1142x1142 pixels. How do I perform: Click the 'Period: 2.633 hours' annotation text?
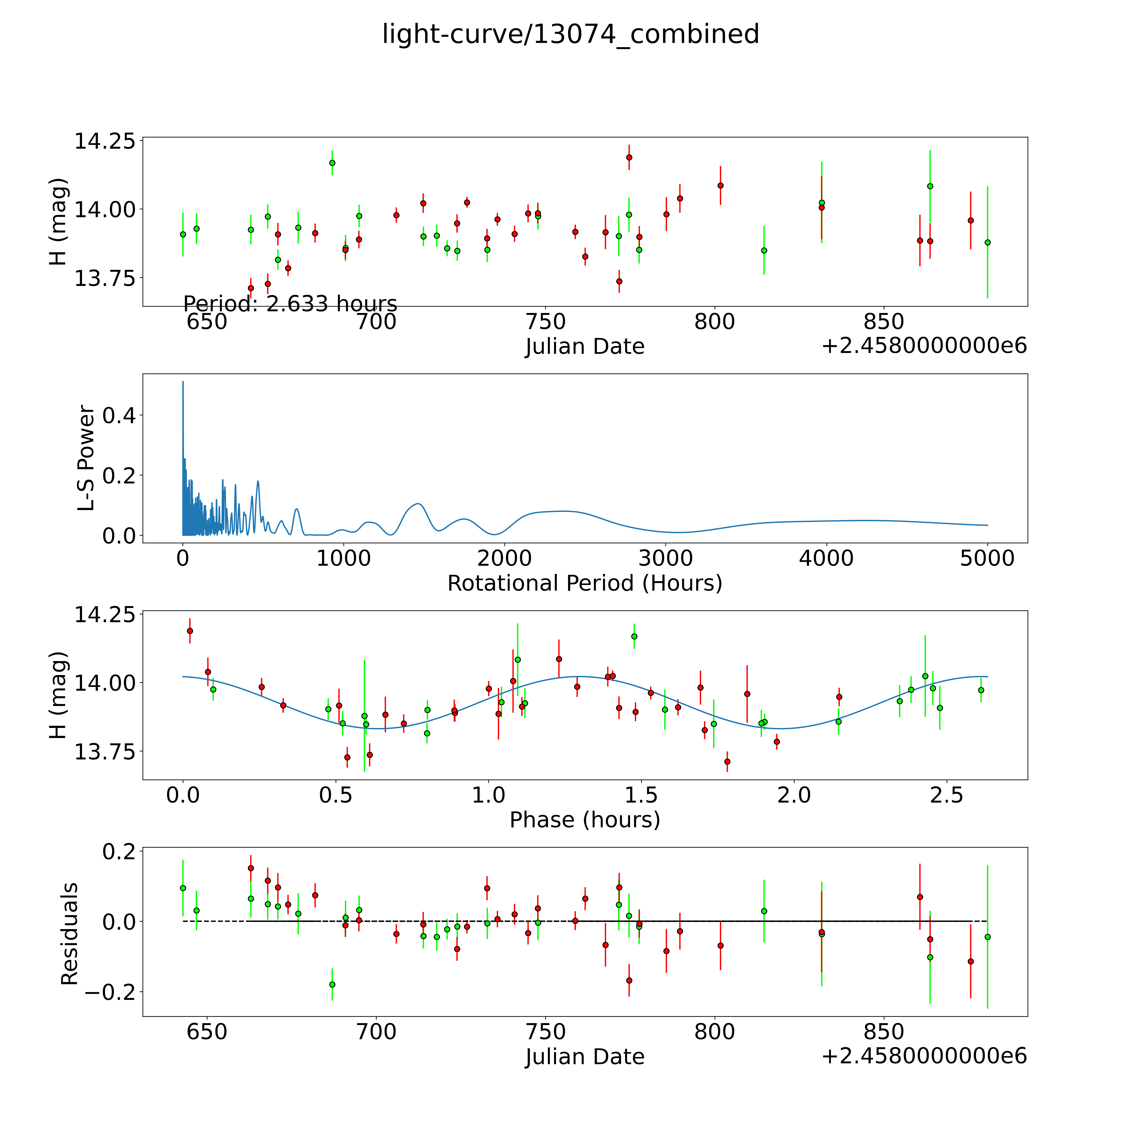[290, 304]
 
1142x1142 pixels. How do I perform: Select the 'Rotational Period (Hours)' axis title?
[585, 583]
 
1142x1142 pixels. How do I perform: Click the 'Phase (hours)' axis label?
[585, 820]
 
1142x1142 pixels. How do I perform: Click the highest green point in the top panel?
[332, 163]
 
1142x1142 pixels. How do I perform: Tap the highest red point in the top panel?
[629, 157]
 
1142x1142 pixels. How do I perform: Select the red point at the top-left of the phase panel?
[190, 631]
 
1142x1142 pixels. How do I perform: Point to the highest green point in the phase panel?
[634, 636]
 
